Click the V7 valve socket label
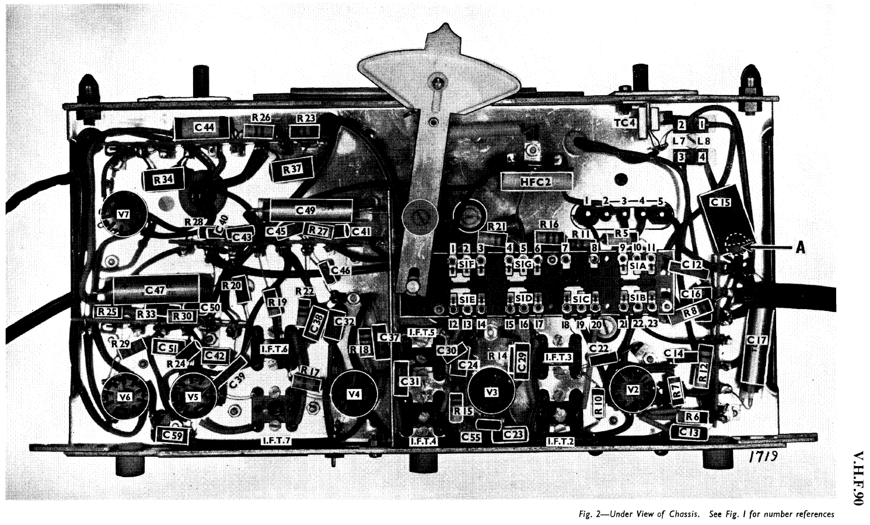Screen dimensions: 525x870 tap(123, 215)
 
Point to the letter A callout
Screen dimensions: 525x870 tap(801, 247)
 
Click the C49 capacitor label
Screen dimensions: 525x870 tap(302, 210)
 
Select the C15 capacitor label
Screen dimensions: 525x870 tap(719, 201)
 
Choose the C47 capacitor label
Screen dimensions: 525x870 tap(155, 289)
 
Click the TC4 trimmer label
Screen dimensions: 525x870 tap(624, 123)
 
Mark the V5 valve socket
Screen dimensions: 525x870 tap(194, 396)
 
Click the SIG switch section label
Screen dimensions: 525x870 tap(523, 264)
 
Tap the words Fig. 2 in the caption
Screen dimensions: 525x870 tap(587, 514)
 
